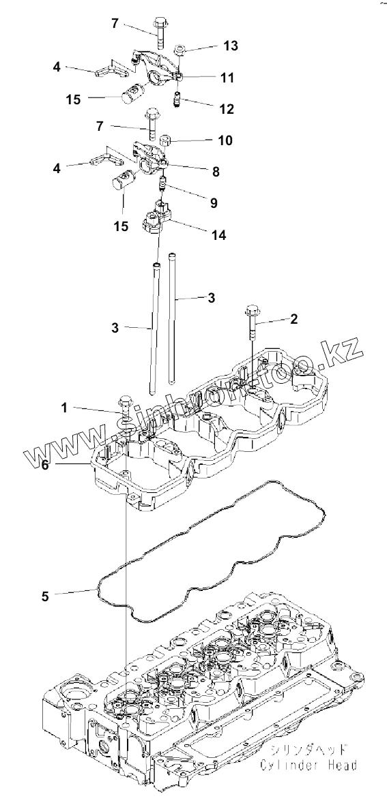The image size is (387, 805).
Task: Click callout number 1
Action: [64, 408]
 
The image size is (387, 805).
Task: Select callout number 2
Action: [293, 319]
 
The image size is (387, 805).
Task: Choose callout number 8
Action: [216, 172]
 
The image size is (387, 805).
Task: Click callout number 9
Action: [213, 203]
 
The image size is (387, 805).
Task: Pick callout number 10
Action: [226, 140]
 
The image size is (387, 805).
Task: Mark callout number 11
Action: [227, 78]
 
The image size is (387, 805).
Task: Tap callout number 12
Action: [227, 109]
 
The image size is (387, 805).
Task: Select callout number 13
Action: [231, 46]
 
